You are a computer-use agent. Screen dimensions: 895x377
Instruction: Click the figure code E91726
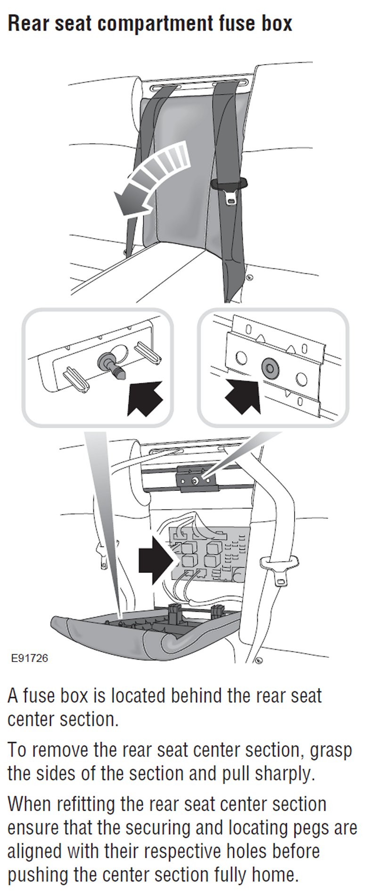point(30,657)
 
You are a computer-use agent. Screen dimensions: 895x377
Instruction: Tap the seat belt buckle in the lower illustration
point(280,569)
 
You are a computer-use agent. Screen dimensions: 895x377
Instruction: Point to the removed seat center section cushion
point(141,632)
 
